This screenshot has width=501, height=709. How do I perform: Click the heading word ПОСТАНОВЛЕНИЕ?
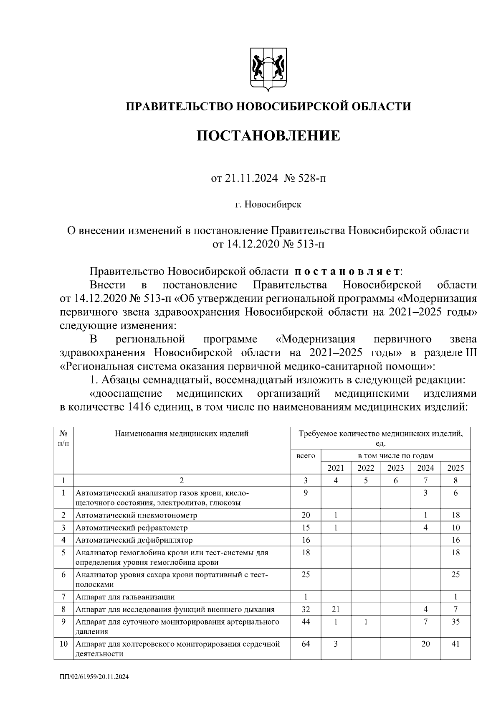coord(268,135)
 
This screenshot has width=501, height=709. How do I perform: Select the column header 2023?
coord(395,468)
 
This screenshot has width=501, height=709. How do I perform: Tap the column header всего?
coord(306,456)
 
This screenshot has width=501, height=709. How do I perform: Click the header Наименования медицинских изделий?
coord(182,434)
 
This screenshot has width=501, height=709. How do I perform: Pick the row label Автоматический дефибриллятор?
coord(134,540)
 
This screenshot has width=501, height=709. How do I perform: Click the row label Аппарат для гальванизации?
coord(125,597)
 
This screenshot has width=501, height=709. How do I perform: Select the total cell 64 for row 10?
coord(306,644)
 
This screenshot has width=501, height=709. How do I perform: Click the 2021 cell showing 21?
coord(336,610)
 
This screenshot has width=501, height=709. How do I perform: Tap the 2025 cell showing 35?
coord(455,622)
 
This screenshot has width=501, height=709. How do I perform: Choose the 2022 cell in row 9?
coord(366,622)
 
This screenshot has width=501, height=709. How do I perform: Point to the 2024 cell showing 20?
coord(425,644)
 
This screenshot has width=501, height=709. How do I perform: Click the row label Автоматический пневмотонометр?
coord(136,515)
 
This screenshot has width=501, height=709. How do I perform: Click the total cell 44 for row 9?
coord(306,622)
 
